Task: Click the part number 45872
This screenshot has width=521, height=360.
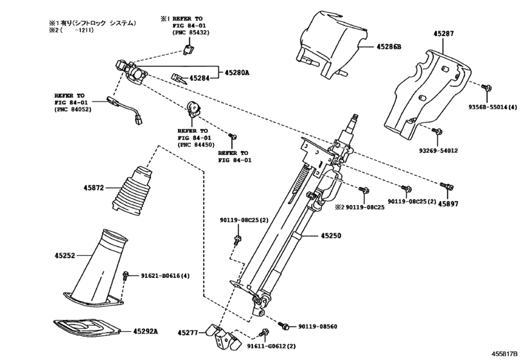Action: pyautogui.click(x=93, y=188)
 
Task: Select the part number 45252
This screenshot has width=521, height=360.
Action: pyautogui.click(x=66, y=255)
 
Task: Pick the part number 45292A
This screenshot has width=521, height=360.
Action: pyautogui.click(x=147, y=331)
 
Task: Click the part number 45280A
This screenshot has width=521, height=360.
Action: pyautogui.click(x=237, y=73)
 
